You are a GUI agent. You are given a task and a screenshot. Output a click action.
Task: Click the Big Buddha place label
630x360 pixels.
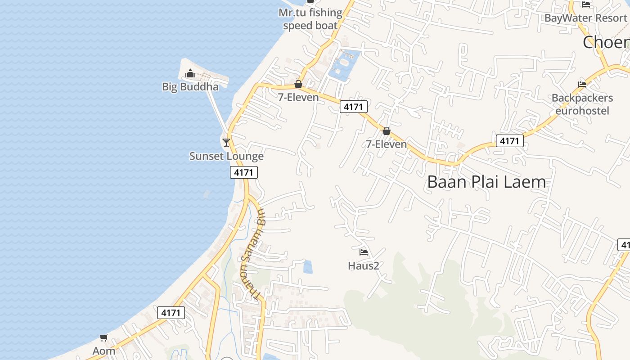click(190, 87)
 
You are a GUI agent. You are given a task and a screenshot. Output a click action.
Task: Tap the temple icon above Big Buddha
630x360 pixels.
click(190, 73)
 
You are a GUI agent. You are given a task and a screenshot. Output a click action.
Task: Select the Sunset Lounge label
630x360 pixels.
click(226, 156)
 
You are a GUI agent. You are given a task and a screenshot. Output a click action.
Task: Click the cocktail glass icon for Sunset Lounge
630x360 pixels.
click(226, 143)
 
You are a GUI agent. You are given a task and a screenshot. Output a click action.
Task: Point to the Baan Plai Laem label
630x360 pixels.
click(486, 182)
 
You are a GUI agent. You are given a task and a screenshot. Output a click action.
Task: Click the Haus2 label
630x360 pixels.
click(364, 266)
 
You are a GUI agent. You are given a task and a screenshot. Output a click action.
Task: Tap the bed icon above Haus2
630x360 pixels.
click(364, 252)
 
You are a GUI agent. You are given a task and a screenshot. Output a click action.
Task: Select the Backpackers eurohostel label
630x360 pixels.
click(582, 104)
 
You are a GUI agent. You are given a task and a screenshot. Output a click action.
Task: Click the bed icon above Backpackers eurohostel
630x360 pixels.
click(582, 84)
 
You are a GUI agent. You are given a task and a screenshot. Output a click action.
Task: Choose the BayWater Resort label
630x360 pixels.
click(585, 18)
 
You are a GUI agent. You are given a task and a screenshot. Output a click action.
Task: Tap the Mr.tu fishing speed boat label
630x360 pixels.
click(310, 19)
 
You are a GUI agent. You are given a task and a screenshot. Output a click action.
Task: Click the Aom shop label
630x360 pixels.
click(104, 351)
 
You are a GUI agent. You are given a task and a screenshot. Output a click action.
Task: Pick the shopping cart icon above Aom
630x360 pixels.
click(104, 337)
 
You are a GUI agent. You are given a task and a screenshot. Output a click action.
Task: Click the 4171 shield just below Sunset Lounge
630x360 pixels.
click(244, 172)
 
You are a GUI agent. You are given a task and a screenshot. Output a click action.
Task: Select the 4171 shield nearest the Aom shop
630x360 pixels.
click(171, 313)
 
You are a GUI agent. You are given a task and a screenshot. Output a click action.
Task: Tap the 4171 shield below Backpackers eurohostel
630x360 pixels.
click(509, 141)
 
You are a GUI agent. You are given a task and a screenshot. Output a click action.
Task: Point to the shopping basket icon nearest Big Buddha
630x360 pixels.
click(298, 84)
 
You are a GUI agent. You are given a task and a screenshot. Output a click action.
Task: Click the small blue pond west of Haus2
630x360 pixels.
click(308, 267)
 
